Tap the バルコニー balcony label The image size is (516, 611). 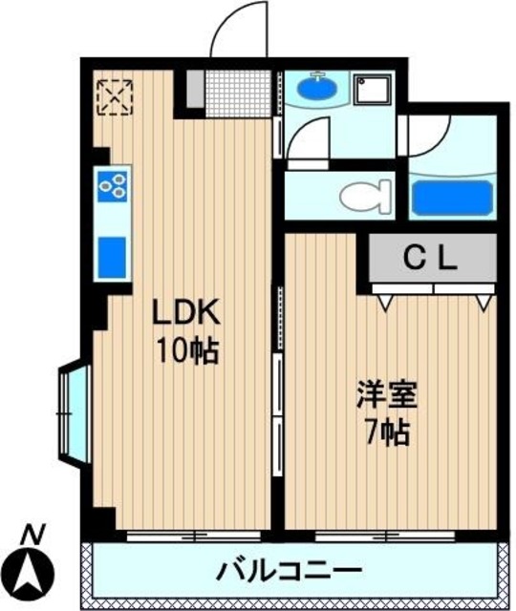289,572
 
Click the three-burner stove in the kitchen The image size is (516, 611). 113,186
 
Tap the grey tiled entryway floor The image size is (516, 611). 229,92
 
